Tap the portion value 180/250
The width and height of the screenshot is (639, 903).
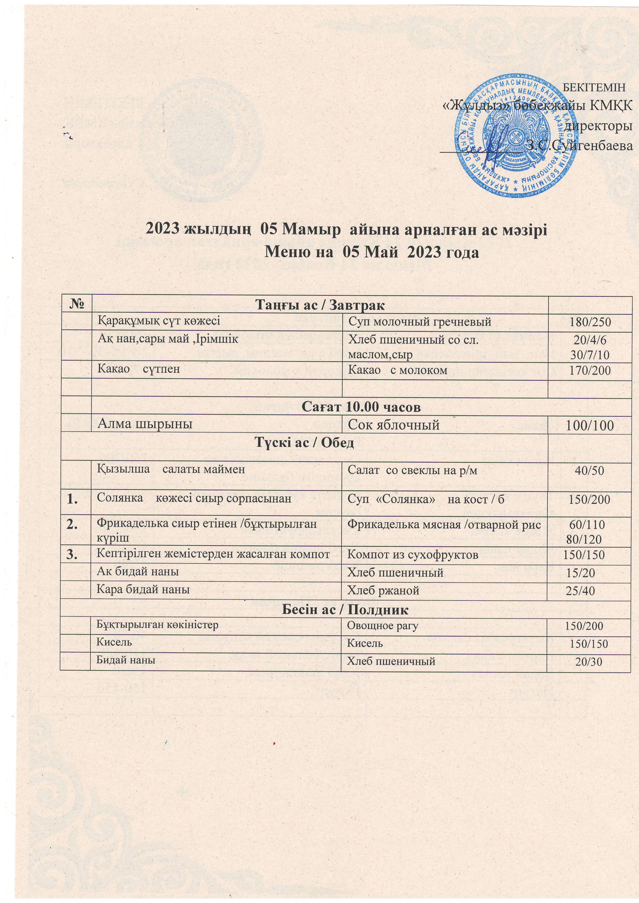tap(591, 323)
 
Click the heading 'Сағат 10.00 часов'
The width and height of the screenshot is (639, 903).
tap(361, 407)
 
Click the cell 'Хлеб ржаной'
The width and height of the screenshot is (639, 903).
tap(383, 590)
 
